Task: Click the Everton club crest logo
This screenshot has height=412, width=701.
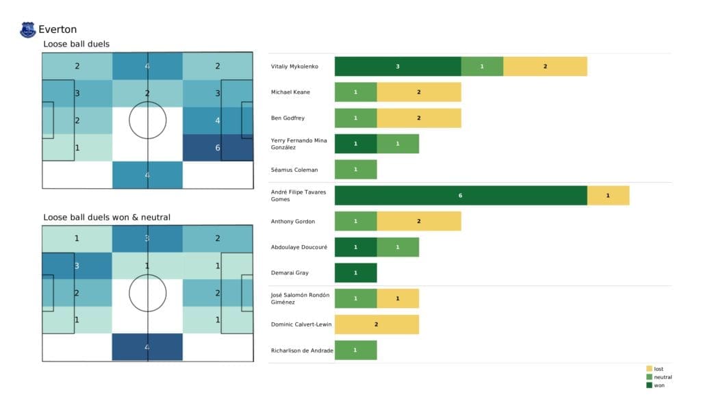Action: tap(28, 29)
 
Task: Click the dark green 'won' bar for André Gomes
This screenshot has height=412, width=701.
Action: tap(461, 195)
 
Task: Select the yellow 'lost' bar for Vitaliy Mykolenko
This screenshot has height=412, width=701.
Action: tap(545, 66)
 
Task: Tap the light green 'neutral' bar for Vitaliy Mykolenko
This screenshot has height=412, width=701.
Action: tap(482, 66)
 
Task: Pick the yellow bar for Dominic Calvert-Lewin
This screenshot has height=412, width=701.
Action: tap(377, 324)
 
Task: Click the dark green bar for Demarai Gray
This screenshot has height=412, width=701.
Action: tap(355, 272)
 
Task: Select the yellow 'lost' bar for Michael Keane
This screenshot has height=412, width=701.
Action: tap(418, 92)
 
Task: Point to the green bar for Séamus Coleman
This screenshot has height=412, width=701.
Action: tap(355, 170)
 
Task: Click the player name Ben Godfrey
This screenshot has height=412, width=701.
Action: tap(287, 118)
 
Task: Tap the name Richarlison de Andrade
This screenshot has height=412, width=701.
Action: tap(302, 350)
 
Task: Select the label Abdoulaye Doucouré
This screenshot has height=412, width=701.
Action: tap(299, 247)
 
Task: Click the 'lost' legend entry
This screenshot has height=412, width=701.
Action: tap(659, 369)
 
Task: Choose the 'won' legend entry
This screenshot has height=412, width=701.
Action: tap(659, 385)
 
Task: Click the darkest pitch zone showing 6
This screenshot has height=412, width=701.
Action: tap(218, 147)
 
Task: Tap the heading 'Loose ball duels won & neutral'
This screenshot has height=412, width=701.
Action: tap(107, 218)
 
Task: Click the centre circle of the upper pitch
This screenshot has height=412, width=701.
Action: tap(147, 120)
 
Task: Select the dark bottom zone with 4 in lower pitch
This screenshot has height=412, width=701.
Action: tap(147, 347)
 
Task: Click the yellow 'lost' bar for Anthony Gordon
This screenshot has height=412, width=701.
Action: tap(418, 221)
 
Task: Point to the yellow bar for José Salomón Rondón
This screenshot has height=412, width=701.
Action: tap(398, 298)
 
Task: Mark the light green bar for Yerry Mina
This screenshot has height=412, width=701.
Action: tap(398, 144)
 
